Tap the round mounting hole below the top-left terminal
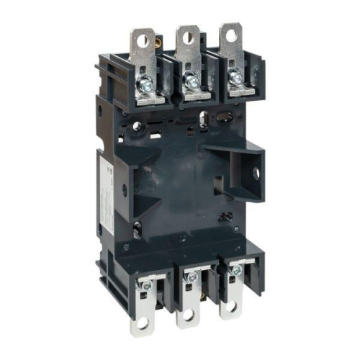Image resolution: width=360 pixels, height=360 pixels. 137,126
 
